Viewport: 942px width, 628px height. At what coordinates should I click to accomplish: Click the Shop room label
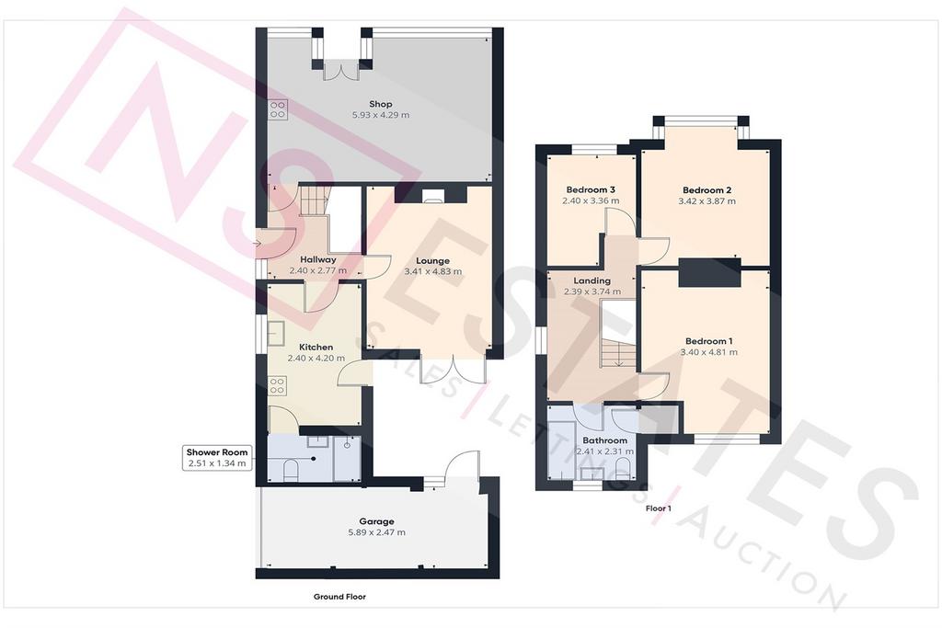[x=380, y=104]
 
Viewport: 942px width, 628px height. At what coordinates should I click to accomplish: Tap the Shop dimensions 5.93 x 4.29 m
[x=380, y=115]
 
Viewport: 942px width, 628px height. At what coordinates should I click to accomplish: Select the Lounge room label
[x=432, y=260]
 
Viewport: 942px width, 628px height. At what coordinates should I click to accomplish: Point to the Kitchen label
[x=316, y=347]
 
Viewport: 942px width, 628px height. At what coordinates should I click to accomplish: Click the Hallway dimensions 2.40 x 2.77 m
[x=317, y=270]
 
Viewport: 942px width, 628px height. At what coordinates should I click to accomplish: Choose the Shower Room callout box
[x=217, y=458]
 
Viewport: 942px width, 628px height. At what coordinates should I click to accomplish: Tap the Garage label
[x=376, y=521]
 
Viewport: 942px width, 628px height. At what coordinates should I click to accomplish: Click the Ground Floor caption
[x=339, y=596]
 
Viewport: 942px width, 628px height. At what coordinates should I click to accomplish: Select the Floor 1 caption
[x=659, y=508]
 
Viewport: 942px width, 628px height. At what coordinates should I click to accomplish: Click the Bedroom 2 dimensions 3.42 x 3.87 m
[x=707, y=201]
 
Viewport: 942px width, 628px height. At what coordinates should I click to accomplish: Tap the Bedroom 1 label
[x=709, y=341]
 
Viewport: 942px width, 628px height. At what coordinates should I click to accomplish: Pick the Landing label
[x=592, y=280]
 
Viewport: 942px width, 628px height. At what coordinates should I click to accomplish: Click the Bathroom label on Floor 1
[x=604, y=440]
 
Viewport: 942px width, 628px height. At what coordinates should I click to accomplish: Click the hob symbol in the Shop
[x=278, y=108]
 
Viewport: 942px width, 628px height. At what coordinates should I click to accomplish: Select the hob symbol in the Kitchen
[x=276, y=385]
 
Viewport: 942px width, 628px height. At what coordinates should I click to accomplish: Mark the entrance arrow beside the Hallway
[x=258, y=244]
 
